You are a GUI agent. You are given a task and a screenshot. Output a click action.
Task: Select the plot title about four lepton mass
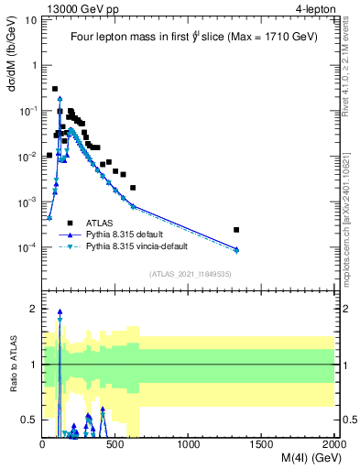point(190,38)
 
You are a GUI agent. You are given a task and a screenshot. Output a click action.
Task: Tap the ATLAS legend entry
point(100,223)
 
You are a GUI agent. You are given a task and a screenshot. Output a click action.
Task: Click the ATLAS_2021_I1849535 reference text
point(190,274)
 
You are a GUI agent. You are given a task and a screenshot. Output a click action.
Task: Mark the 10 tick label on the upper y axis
point(29,20)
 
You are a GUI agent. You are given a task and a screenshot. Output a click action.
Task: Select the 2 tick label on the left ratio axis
point(34,309)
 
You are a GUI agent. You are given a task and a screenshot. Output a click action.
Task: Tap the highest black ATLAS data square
point(55,89)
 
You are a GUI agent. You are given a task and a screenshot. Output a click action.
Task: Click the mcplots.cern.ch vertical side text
point(352,221)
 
